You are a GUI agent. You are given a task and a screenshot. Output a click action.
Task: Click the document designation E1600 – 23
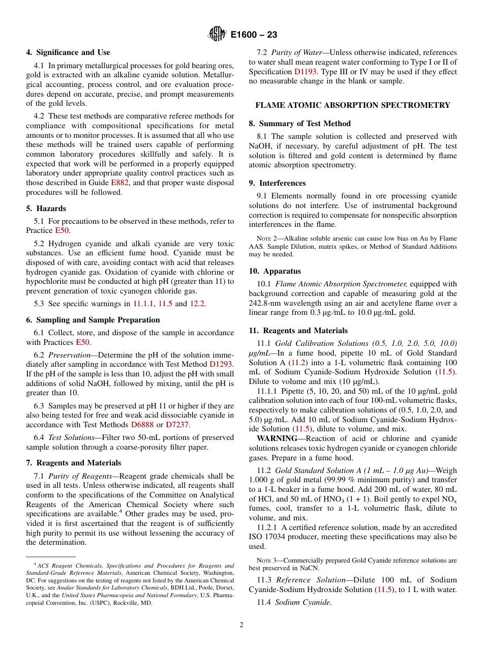point(253,35)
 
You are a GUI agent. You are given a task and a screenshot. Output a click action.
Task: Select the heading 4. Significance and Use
point(68,52)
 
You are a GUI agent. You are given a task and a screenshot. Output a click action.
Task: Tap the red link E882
point(119,183)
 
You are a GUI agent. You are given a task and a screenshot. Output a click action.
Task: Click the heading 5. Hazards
point(46,209)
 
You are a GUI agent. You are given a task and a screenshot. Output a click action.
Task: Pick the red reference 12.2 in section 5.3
point(197,304)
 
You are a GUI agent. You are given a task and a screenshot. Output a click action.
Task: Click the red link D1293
point(221,364)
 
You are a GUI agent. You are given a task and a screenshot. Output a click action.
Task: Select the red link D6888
point(142,425)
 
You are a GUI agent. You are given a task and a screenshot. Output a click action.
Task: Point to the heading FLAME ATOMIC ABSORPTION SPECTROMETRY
point(352,105)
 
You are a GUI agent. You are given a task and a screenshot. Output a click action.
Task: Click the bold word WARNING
point(277,438)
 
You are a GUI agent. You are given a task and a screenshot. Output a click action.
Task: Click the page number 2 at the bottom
point(242,625)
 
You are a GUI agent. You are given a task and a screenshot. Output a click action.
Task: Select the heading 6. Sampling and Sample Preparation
point(93,320)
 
